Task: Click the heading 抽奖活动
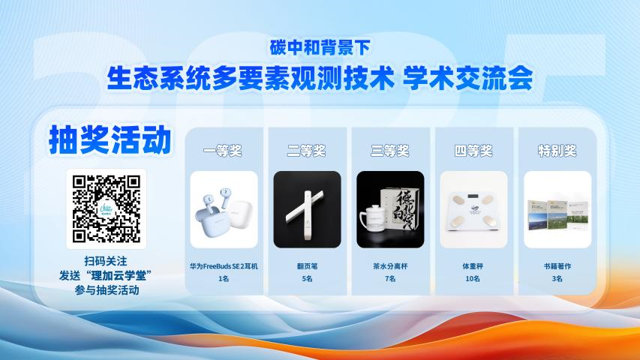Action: pyautogui.click(x=107, y=140)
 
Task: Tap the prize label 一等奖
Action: pyautogui.click(x=223, y=151)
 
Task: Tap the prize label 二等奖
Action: pyautogui.click(x=306, y=151)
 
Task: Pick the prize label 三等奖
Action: pyautogui.click(x=390, y=151)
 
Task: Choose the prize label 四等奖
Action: pyautogui.click(x=473, y=151)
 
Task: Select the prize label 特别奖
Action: pyautogui.click(x=557, y=151)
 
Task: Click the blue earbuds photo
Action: pyautogui.click(x=223, y=209)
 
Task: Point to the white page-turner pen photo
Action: pyautogui.click(x=306, y=209)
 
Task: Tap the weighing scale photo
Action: pyautogui.click(x=473, y=209)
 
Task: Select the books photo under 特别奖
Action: pyautogui.click(x=557, y=209)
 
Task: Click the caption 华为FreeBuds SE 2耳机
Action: pyautogui.click(x=223, y=265)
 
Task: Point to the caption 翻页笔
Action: pyautogui.click(x=306, y=265)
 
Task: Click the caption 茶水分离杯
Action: pyautogui.click(x=390, y=265)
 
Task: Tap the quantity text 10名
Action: pyautogui.click(x=473, y=279)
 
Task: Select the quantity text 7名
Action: pyautogui.click(x=390, y=279)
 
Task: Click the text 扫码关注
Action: pyautogui.click(x=107, y=261)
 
